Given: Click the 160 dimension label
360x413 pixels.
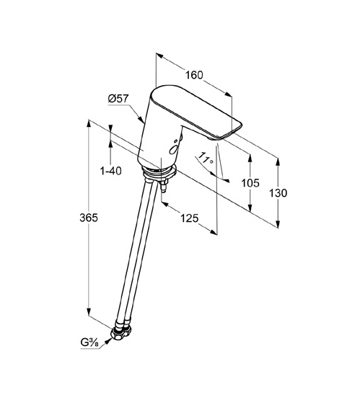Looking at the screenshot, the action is (x=194, y=75).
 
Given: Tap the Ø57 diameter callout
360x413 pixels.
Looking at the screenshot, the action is (x=118, y=99).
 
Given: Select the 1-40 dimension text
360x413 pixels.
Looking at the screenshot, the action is (x=110, y=172).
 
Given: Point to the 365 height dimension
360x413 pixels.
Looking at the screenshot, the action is (x=89, y=218).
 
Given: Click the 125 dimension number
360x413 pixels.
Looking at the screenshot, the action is (x=189, y=218).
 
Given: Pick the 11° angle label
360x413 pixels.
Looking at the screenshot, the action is (x=206, y=158).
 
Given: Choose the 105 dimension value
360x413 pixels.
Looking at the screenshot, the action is (x=250, y=183).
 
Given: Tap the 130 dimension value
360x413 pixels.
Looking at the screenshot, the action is (x=278, y=193).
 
